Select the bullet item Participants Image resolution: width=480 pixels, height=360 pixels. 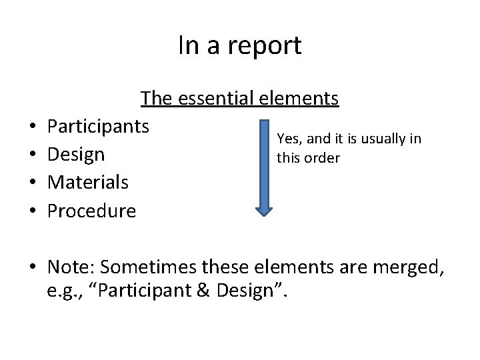pos(99,126)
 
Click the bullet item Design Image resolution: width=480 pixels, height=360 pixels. pos(76,154)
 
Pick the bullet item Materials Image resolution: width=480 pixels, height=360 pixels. pos(88,182)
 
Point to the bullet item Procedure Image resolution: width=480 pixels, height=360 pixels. pos(91,211)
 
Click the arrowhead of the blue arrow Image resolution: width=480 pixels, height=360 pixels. pos(265,209)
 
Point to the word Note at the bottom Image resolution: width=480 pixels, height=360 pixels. pos(70,267)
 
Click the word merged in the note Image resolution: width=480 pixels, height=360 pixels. pos(415,267)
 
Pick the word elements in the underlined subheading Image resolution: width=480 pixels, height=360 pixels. pos(299,99)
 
